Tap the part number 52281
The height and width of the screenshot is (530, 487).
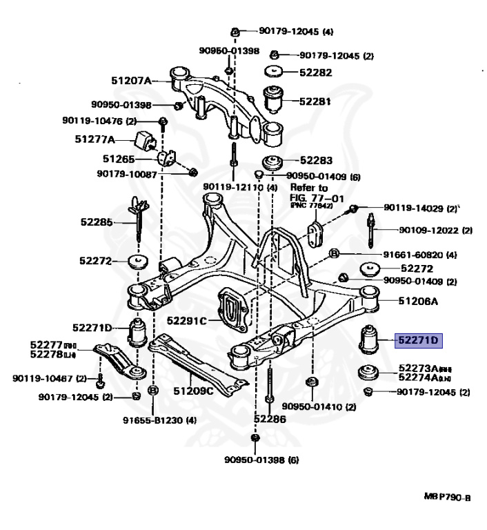point(315,101)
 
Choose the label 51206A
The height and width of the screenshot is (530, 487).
point(418,302)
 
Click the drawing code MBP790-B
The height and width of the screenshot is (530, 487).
point(447,497)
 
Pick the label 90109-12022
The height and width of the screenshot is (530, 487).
point(436,230)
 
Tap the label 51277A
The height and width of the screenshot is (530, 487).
point(95,139)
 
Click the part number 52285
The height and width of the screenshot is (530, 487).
point(96,222)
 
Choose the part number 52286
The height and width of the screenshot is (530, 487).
point(268,419)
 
